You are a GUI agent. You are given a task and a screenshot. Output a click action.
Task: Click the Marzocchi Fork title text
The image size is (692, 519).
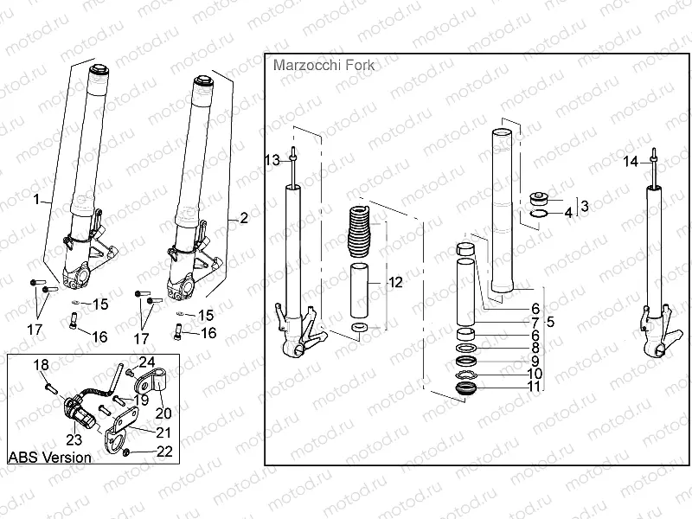click(317, 65)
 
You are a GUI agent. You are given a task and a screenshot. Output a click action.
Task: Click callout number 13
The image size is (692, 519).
click(272, 161)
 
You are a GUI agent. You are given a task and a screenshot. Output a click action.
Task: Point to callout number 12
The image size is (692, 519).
click(394, 282)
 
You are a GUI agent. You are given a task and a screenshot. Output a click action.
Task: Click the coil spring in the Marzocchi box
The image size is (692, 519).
click(358, 234)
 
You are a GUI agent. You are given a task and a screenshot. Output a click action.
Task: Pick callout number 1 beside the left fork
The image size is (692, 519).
click(36, 201)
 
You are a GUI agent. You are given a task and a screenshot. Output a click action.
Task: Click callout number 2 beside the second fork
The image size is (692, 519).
click(243, 217)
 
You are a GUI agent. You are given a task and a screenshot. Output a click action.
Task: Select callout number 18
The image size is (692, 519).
click(39, 365)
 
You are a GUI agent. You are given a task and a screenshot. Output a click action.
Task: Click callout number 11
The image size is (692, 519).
click(535, 387)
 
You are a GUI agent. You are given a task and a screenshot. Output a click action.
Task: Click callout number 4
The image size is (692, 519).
click(568, 212)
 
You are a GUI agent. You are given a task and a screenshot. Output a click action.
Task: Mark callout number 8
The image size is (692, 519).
click(535, 348)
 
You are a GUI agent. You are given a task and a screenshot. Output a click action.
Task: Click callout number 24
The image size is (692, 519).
click(146, 361)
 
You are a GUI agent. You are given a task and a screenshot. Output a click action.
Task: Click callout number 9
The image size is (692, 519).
click(535, 361)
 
